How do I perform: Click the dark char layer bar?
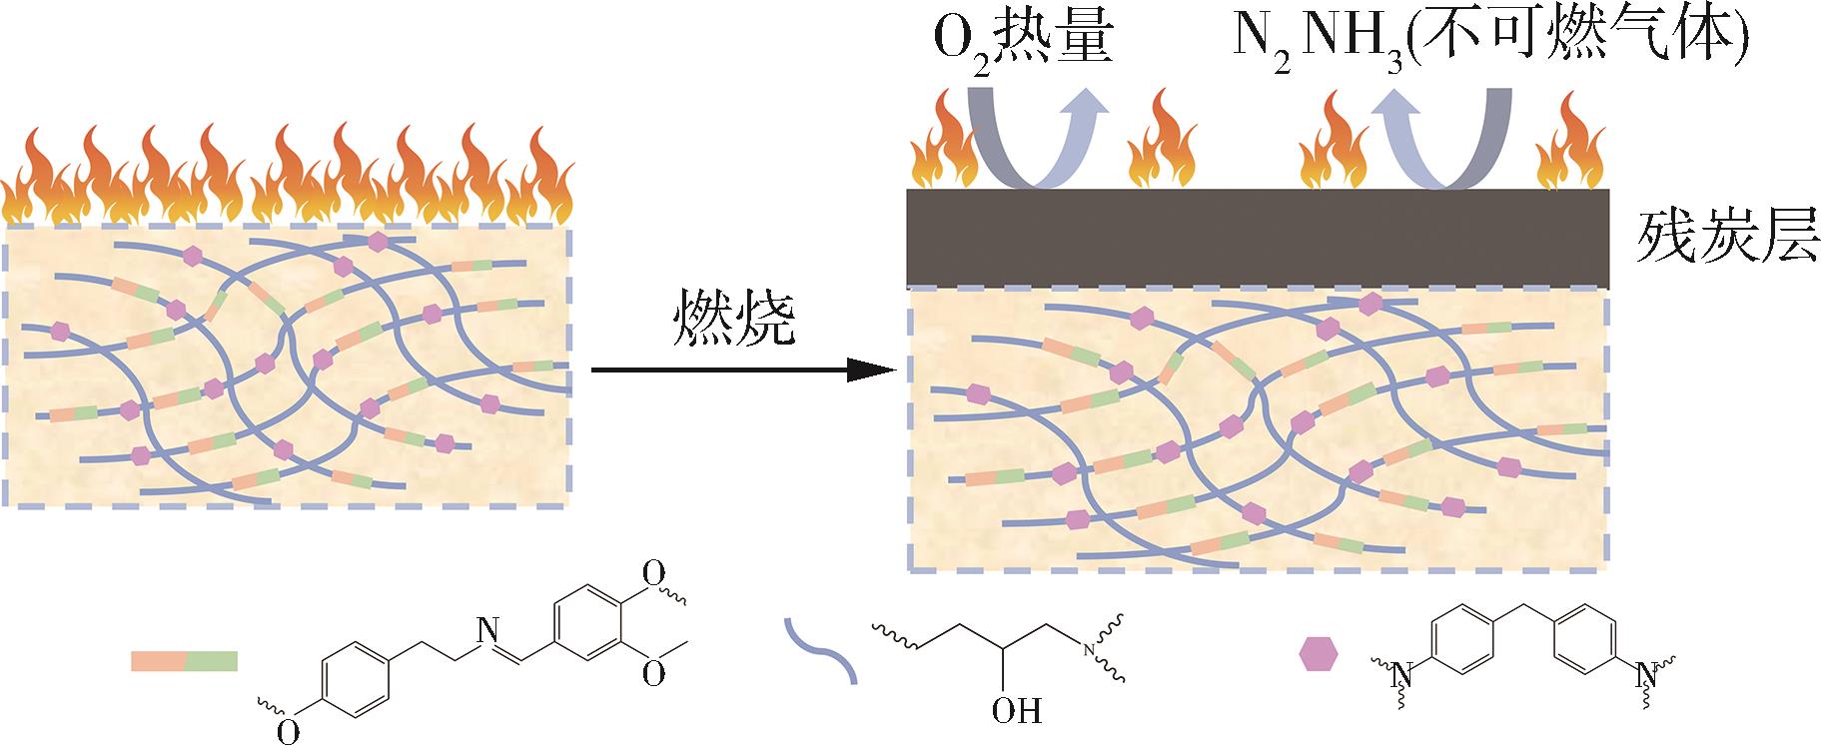(1257, 238)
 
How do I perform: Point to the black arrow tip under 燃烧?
(892, 370)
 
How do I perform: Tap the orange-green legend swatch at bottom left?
(184, 660)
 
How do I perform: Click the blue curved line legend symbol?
(821, 650)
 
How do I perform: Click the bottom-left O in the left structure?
(288, 731)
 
